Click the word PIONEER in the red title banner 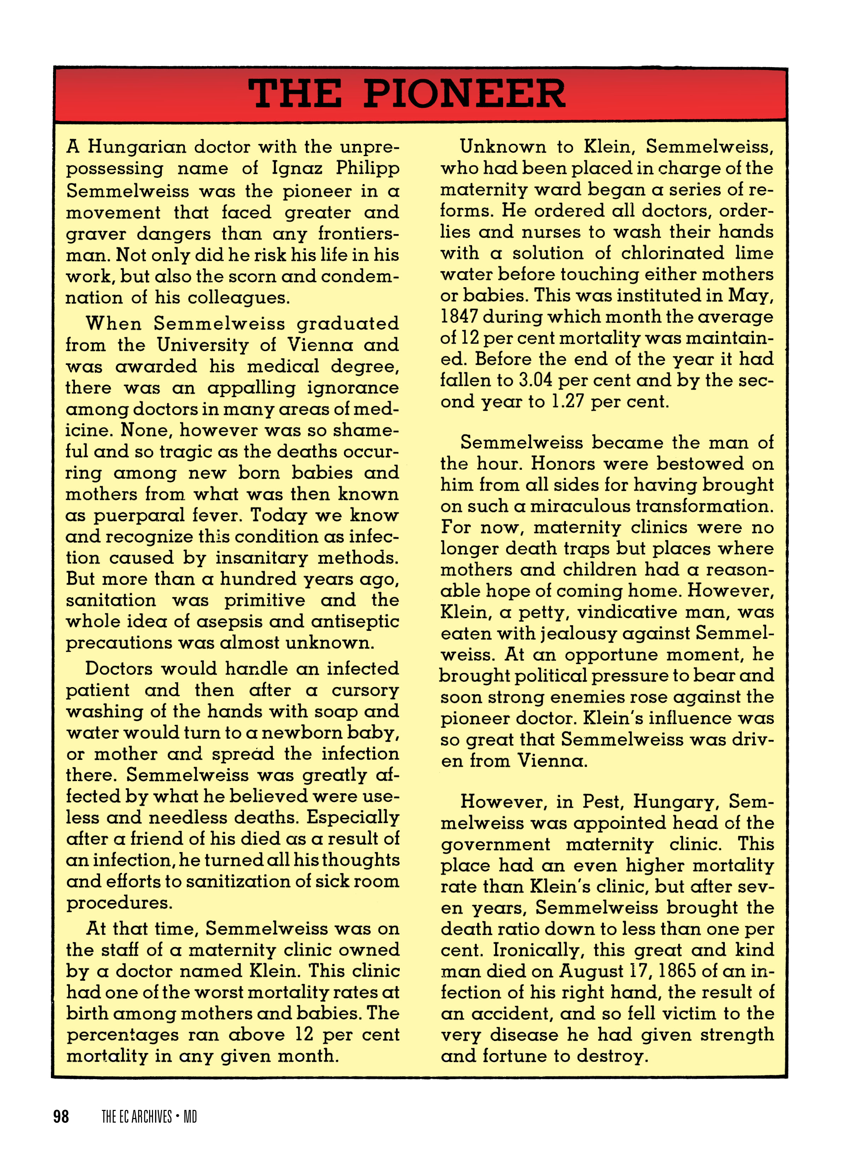(x=464, y=94)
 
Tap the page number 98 (x=61, y=1117)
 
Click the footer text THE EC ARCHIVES (x=137, y=1117)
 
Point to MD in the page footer (x=190, y=1117)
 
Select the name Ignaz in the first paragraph (x=297, y=169)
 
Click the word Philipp (x=368, y=169)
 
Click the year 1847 (x=459, y=317)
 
